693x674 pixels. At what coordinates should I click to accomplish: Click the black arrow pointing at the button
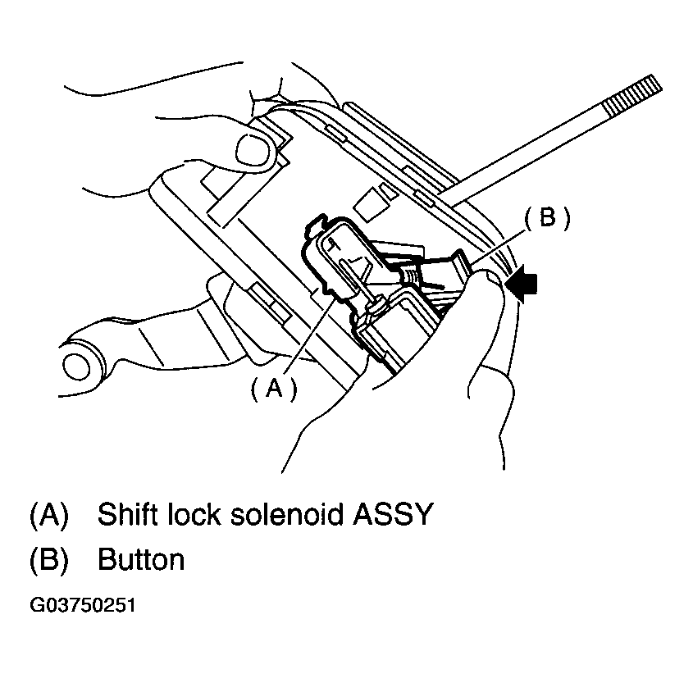[523, 283]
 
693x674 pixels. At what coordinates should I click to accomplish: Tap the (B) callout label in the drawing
[547, 217]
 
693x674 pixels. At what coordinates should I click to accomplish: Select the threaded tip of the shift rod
[631, 94]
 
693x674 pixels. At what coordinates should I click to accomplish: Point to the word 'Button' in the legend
[140, 560]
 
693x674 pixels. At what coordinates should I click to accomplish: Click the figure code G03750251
[82, 607]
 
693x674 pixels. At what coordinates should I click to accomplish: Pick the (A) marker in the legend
[48, 514]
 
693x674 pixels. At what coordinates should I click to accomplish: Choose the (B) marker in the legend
[48, 560]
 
